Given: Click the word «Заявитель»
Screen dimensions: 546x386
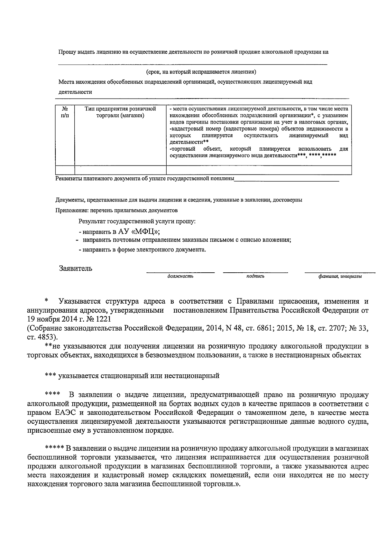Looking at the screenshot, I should coord(76,268).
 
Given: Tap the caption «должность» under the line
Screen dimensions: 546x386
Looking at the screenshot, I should coord(180,276).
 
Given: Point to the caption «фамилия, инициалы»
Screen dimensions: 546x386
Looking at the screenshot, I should coord(340,277).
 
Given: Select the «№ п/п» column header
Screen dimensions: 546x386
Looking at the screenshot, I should coord(65,112).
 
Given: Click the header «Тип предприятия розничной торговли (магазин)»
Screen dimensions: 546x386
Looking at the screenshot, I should coord(120,112).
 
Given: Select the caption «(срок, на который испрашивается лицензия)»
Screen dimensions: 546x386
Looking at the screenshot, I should coord(201,71).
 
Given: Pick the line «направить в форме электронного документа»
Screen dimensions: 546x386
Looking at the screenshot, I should coord(142,249).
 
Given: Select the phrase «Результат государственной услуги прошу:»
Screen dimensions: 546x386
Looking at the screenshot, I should coord(137,221).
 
